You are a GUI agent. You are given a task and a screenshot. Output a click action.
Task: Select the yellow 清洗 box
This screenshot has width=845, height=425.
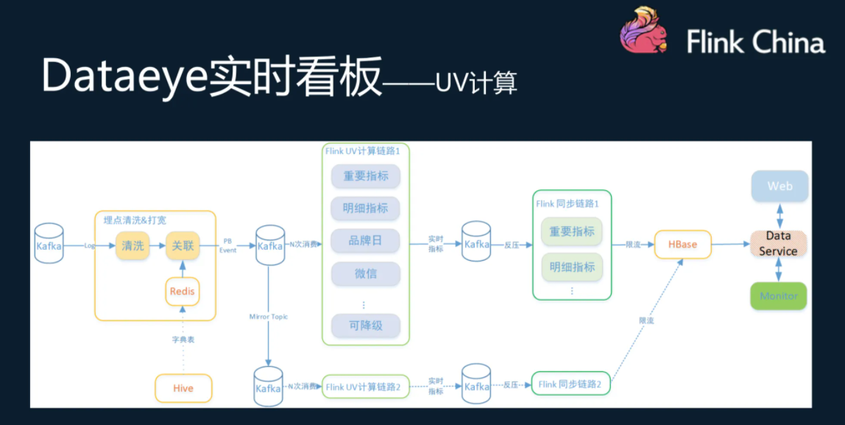point(133,245)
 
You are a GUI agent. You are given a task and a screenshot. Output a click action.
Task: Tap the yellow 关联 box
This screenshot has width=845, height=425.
point(183,245)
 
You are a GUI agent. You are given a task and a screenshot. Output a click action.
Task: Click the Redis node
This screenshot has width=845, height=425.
point(183,291)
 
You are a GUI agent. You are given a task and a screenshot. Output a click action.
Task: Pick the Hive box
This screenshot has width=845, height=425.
point(183,388)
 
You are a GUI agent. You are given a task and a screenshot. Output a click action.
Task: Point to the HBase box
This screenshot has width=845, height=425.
point(682,245)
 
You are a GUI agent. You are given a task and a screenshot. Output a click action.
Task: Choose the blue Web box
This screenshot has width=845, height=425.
point(779,186)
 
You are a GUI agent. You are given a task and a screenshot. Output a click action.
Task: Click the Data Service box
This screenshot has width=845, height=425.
point(779,244)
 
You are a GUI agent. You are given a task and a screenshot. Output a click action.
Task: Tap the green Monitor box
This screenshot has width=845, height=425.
point(779,296)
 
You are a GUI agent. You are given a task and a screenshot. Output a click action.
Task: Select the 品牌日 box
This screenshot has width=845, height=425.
point(365,240)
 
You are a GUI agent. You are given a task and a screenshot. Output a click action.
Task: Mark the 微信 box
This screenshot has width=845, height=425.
point(365,274)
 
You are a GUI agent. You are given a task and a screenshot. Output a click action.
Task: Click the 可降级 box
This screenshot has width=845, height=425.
point(365,325)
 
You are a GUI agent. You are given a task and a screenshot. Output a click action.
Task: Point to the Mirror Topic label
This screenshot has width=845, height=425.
point(269,317)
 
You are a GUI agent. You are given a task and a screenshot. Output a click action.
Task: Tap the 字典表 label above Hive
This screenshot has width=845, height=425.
point(183,340)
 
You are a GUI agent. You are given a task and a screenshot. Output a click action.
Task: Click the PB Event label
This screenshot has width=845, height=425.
point(228,245)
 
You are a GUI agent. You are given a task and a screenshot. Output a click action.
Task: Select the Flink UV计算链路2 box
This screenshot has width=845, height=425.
point(365,387)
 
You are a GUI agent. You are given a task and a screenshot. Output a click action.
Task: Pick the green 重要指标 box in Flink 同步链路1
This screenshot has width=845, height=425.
point(572,232)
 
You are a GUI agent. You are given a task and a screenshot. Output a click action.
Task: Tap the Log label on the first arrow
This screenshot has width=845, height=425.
point(90,246)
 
